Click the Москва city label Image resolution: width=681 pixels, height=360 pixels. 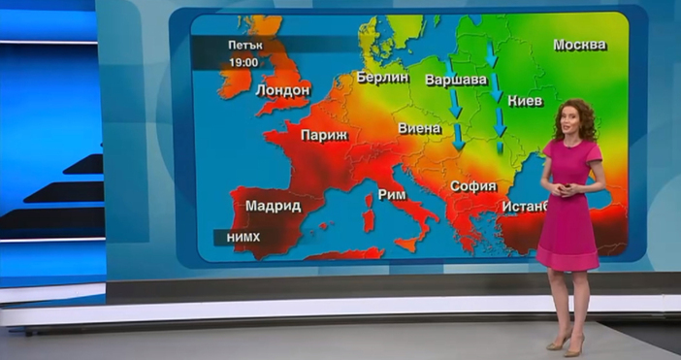click(x=579, y=45)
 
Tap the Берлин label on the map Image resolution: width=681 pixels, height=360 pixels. click(x=381, y=77)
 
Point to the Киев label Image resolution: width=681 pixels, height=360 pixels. click(x=524, y=100)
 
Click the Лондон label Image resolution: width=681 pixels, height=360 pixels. click(x=282, y=90)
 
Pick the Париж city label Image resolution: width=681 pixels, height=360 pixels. click(x=323, y=136)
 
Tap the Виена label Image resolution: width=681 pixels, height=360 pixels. click(x=419, y=128)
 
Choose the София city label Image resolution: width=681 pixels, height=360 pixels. click(x=472, y=186)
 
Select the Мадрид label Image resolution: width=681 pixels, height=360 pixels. click(x=273, y=206)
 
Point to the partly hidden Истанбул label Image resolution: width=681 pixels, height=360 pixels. click(x=524, y=206)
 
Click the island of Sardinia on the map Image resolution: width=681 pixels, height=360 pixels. click(x=369, y=215)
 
